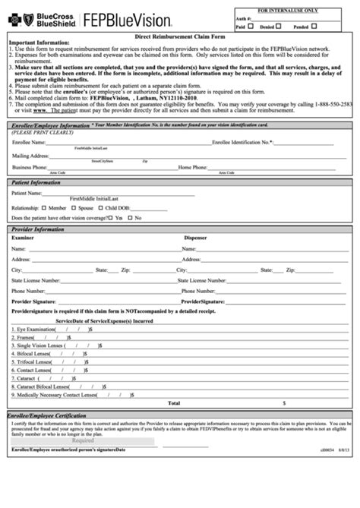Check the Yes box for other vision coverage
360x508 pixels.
click(x=112, y=217)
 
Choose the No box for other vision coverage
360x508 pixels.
click(x=130, y=217)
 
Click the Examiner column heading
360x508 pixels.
click(x=23, y=237)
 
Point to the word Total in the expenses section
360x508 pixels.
click(x=174, y=402)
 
